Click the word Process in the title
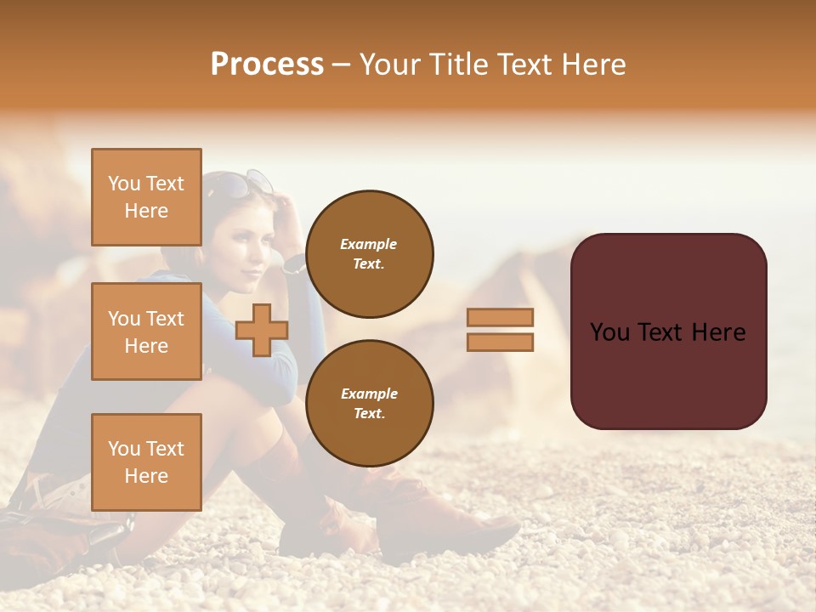pyautogui.click(x=267, y=65)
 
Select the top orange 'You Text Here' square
pyautogui.click(x=146, y=197)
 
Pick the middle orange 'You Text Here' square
pyautogui.click(x=146, y=331)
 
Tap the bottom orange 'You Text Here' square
pyautogui.click(x=146, y=462)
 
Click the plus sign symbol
pyautogui.click(x=261, y=330)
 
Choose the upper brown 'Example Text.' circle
pyautogui.click(x=369, y=254)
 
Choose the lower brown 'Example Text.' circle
pyautogui.click(x=369, y=404)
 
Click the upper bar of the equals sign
pyautogui.click(x=500, y=318)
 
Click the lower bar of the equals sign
pyautogui.click(x=500, y=342)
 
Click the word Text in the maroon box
pyautogui.click(x=667, y=332)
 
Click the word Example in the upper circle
pyautogui.click(x=369, y=245)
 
